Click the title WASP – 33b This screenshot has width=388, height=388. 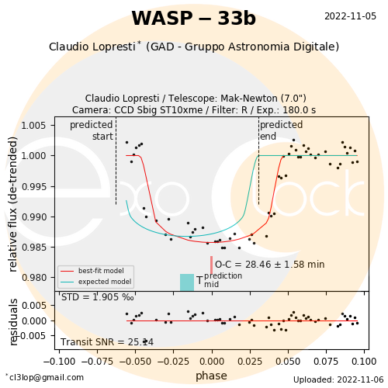click(x=193, y=19)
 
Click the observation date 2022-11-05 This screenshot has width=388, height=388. click(x=350, y=16)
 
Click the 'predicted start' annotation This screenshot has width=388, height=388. click(x=92, y=130)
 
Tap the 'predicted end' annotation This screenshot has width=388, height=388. click(x=281, y=130)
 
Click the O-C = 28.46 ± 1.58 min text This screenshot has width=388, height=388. click(x=270, y=265)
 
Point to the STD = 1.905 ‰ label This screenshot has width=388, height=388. click(x=98, y=297)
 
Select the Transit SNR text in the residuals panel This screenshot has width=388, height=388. click(x=107, y=342)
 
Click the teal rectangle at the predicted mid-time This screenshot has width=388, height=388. click(x=187, y=282)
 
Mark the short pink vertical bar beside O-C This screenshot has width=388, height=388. click(x=212, y=265)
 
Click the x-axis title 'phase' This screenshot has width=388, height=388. click(x=211, y=376)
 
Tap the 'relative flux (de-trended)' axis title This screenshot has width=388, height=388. click(x=12, y=204)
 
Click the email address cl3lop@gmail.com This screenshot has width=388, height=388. click(x=44, y=377)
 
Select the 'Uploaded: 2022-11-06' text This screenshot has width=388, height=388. click(x=338, y=379)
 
